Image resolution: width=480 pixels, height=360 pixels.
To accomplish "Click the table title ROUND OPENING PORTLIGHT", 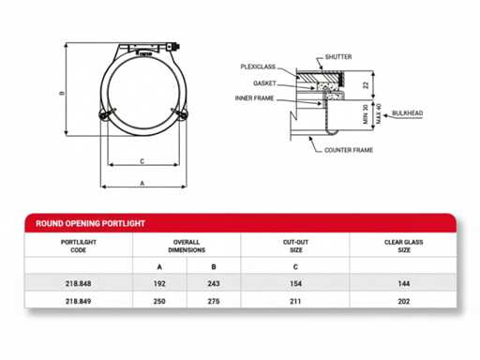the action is (90, 223).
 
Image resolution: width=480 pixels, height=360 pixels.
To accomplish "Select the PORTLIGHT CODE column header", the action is (79, 246).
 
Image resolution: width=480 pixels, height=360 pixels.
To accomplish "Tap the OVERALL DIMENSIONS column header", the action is (187, 246).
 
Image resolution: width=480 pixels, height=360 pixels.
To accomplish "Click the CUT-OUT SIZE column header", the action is (295, 246).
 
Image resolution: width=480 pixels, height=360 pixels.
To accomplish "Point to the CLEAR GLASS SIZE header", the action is (404, 246).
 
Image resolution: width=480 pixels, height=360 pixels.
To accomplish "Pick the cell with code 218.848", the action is (78, 283).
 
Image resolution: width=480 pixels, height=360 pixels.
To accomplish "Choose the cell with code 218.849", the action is (78, 301).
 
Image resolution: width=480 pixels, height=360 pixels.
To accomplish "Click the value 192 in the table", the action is (159, 283).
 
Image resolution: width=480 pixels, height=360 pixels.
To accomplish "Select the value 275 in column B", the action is (214, 301).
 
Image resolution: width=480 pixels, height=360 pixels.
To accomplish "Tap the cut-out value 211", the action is (295, 301).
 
